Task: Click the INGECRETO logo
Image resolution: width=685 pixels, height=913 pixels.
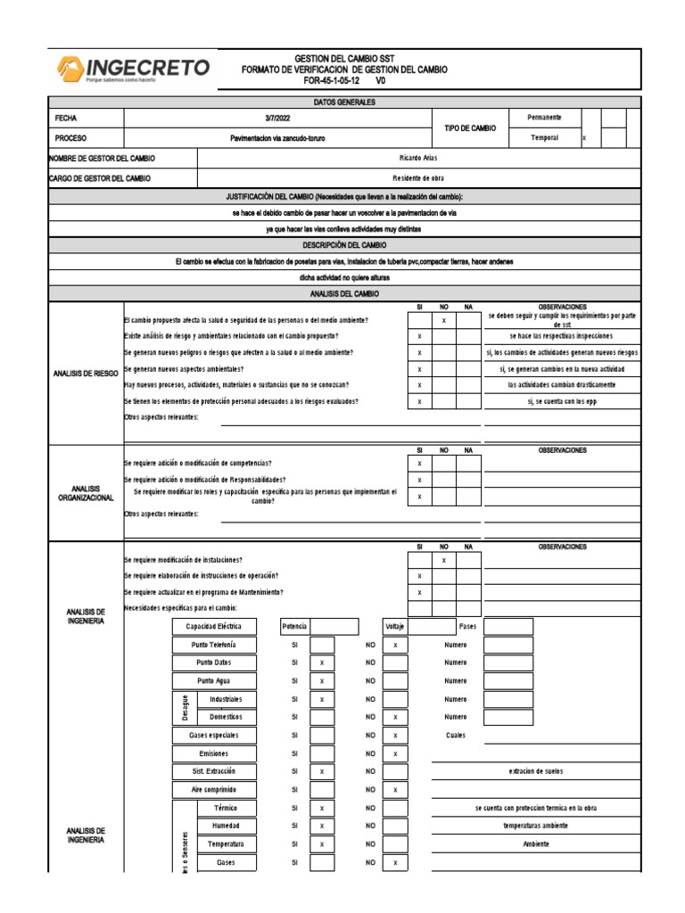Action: [x=134, y=69]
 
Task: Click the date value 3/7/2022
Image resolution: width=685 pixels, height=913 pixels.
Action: [x=277, y=118]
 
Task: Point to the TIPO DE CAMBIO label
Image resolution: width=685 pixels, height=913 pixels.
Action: [x=470, y=128]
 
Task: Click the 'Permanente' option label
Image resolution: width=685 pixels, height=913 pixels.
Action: [x=544, y=118]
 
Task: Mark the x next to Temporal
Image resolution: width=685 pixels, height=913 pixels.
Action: [x=584, y=139]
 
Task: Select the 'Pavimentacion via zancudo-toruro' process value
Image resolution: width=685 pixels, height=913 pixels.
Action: [x=277, y=139]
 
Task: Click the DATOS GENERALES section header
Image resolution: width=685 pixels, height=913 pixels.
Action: [x=344, y=102]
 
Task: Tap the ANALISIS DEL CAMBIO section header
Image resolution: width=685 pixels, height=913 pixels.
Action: [x=344, y=293]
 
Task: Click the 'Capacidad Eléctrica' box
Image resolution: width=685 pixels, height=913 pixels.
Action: [x=214, y=627]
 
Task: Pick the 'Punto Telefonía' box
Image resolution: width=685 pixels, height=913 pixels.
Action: [x=214, y=645]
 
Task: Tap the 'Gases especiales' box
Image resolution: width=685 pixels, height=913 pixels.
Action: [x=214, y=736]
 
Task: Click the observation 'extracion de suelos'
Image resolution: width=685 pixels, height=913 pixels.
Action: [x=535, y=771]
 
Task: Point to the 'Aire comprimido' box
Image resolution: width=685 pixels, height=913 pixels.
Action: [x=214, y=790]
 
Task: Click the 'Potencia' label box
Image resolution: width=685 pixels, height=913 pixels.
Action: [x=294, y=627]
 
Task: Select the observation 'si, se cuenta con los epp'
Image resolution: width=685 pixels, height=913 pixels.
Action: [x=561, y=402]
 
